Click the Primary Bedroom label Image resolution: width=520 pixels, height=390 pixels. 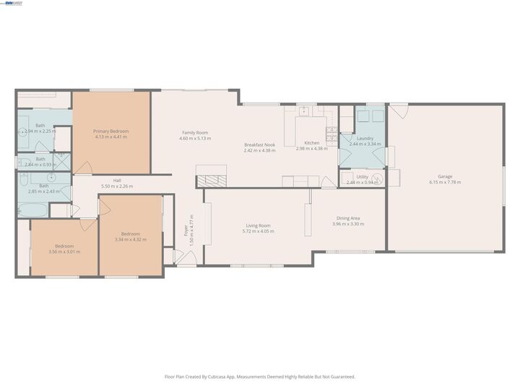(110, 131)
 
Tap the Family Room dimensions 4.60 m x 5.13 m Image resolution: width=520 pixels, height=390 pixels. (195, 138)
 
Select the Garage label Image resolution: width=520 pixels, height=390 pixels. (445, 176)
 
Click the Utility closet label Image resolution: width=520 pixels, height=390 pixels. (362, 176)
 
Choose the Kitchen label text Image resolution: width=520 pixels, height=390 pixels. (311, 143)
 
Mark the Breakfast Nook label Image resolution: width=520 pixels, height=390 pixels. (259, 144)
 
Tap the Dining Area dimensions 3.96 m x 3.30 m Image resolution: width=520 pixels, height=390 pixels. (347, 224)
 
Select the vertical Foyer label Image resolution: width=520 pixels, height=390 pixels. (186, 230)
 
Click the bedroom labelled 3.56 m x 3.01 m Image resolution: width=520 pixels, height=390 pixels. (64, 246)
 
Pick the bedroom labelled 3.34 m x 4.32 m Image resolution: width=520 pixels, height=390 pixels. (131, 233)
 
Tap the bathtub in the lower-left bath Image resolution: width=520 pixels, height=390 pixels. (32, 209)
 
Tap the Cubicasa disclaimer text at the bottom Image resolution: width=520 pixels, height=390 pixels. (259, 376)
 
